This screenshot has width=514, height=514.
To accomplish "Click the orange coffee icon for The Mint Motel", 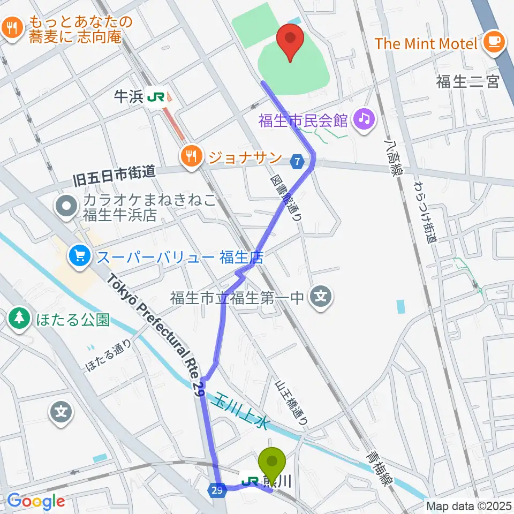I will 493,42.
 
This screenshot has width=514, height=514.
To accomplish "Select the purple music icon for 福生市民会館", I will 364,118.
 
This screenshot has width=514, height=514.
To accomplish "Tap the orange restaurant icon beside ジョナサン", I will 191,157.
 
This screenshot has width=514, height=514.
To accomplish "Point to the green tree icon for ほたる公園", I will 20,320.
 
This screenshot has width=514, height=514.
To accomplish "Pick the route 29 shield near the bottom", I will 217,491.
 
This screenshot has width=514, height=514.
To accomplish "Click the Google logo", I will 36,501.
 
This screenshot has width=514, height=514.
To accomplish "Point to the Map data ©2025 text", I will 469,505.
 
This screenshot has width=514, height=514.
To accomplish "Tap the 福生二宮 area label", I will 467,82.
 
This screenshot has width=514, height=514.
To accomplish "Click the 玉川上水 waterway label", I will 241,410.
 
